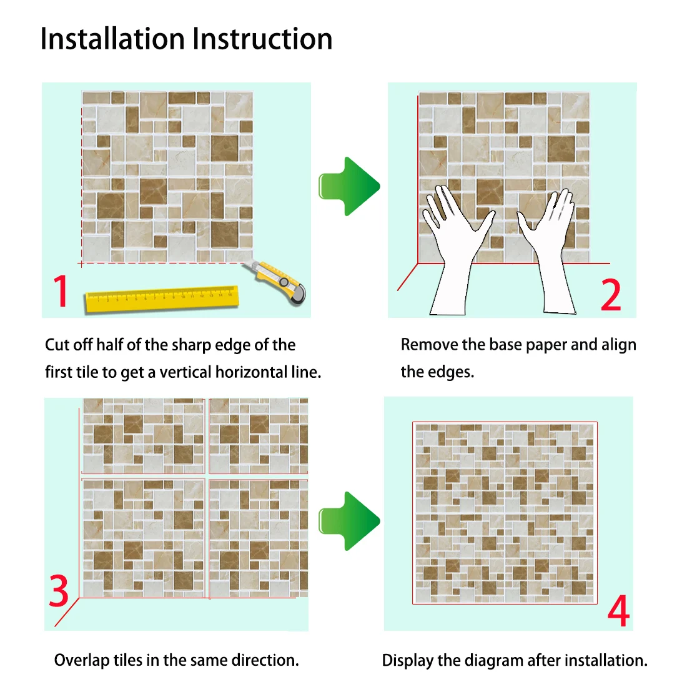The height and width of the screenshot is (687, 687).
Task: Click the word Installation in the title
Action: click(112, 39)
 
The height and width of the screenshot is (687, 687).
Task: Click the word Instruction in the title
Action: click(262, 39)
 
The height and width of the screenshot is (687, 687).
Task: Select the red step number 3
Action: click(59, 591)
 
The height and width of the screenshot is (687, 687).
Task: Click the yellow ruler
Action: click(162, 299)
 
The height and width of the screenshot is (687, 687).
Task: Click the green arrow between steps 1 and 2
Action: click(349, 186)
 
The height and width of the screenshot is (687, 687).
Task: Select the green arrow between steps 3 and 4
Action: click(349, 521)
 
